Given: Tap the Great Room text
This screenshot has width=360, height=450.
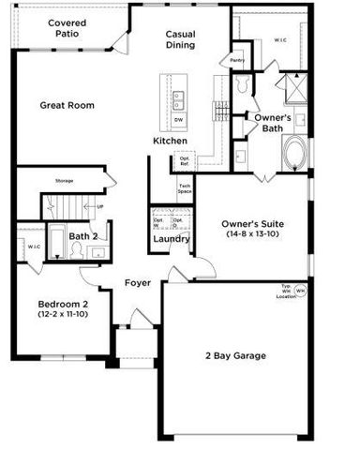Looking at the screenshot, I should [67, 106].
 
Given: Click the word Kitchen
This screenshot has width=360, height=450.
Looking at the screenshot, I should [171, 141].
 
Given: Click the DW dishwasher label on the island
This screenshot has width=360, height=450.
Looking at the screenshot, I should [178, 119].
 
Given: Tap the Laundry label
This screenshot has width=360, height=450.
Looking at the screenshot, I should [172, 239].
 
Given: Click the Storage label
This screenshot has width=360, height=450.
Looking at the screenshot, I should [64, 180].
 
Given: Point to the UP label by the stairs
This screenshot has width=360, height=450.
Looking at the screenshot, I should [100, 206].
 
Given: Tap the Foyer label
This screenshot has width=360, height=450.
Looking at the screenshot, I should [139, 282].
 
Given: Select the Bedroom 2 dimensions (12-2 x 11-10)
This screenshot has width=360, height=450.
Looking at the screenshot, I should [63, 315].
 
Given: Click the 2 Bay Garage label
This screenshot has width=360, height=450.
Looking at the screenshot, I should [235, 355].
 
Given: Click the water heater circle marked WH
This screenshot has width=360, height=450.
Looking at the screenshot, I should [300, 292].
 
